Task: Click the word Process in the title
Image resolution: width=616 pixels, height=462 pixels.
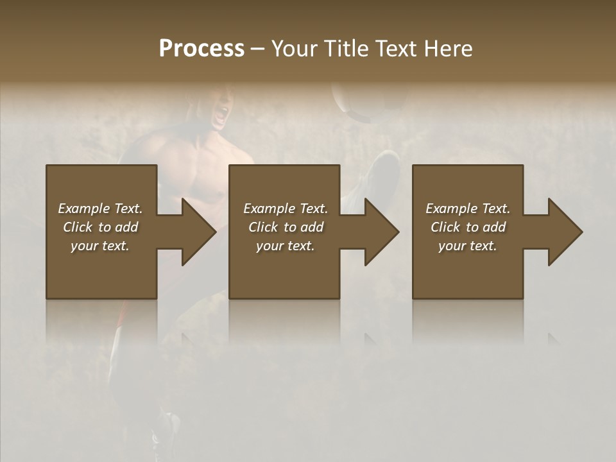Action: coord(201,49)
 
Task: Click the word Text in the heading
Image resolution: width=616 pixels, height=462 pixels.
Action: coord(397,49)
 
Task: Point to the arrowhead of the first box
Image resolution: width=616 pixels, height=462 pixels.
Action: coord(196,232)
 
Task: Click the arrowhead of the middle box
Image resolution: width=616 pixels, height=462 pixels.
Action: coord(379,232)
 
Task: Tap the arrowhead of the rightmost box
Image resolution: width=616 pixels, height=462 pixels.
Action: coord(563,232)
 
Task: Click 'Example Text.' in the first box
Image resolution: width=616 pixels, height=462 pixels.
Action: coord(100,209)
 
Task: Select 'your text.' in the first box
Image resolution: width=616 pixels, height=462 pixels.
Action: coord(100,246)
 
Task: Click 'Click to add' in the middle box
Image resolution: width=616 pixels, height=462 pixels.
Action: coord(286,227)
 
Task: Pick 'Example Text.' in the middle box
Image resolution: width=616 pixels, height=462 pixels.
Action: coord(286,209)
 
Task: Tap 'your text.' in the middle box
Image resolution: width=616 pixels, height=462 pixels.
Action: coord(286,246)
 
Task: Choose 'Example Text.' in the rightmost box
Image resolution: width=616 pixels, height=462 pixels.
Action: coord(468,209)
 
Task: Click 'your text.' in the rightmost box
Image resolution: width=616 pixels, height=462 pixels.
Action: coord(468,246)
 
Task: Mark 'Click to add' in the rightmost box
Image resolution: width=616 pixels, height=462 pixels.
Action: coord(468,227)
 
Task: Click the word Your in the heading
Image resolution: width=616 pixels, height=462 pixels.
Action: coord(294,49)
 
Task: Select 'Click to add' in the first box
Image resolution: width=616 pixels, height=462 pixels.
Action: coord(100,227)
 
